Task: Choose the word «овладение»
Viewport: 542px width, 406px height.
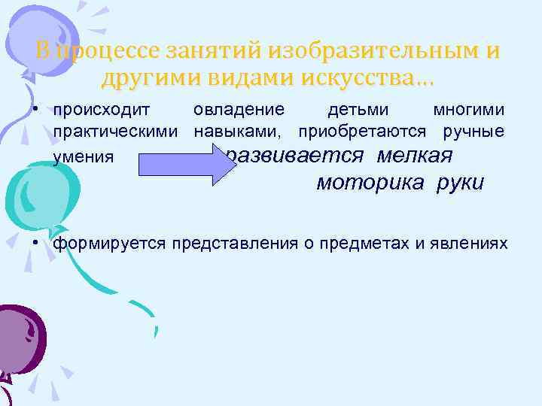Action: tap(239, 110)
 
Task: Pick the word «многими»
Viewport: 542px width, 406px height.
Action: tap(469, 110)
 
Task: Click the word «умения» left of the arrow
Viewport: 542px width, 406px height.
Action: tap(84, 157)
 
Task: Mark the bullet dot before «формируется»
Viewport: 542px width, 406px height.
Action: tap(35, 244)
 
